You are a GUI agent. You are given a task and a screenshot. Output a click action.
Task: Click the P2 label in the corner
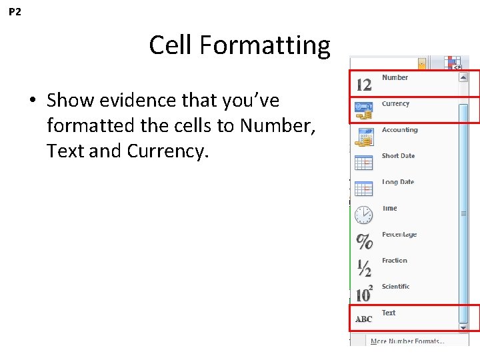click(x=15, y=12)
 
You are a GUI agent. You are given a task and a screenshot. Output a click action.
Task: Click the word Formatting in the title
click(x=265, y=45)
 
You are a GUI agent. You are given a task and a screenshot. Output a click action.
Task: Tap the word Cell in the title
click(x=171, y=45)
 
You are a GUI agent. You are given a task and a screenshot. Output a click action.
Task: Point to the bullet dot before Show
click(x=32, y=101)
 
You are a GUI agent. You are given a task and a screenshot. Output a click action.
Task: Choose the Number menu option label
click(x=395, y=77)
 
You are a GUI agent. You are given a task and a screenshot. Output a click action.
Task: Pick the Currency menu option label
click(x=395, y=103)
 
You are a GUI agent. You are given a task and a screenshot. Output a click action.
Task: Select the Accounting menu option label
click(x=399, y=129)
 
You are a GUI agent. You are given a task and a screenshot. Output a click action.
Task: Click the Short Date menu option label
click(x=398, y=155)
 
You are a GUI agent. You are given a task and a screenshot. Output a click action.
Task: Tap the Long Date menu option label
click(x=398, y=181)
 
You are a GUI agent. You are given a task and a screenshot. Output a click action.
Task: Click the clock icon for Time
click(x=364, y=215)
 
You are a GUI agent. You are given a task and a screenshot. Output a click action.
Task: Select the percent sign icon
click(x=364, y=241)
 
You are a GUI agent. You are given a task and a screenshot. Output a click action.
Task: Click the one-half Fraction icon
click(x=364, y=267)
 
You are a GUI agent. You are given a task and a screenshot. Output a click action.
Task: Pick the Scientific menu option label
click(x=395, y=286)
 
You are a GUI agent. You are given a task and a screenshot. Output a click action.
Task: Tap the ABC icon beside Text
click(x=364, y=319)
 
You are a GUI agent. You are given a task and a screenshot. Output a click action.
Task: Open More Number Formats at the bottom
click(x=407, y=341)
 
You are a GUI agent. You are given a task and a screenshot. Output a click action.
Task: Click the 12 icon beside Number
click(x=364, y=85)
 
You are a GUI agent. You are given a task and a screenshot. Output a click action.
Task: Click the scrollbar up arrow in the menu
click(x=463, y=77)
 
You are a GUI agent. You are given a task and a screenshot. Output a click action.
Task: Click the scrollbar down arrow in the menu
click(x=463, y=327)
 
